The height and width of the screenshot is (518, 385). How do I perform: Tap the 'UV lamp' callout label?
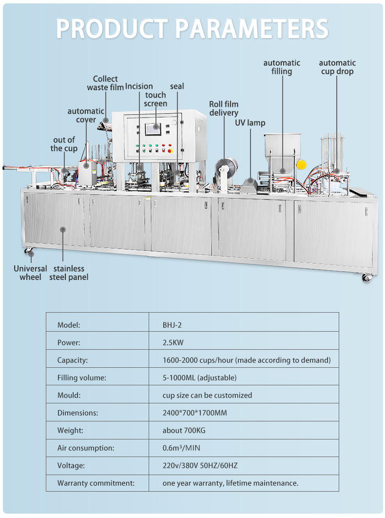pyautogui.click(x=250, y=123)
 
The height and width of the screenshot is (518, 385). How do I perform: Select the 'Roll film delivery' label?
pyautogui.click(x=224, y=109)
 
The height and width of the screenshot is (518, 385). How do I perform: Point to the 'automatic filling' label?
pyautogui.click(x=282, y=67)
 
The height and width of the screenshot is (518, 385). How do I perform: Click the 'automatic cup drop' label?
pyautogui.click(x=337, y=67)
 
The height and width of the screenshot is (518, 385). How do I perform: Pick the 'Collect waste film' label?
pyautogui.click(x=105, y=83)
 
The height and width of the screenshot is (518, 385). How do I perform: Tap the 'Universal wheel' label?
pyautogui.click(x=30, y=273)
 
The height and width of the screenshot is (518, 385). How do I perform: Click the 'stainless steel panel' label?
pyautogui.click(x=69, y=273)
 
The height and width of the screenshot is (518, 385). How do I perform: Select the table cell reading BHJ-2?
pyautogui.click(x=172, y=325)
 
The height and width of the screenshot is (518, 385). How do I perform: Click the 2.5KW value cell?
pyautogui.click(x=173, y=342)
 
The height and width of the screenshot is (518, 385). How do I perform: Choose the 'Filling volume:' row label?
pyautogui.click(x=82, y=378)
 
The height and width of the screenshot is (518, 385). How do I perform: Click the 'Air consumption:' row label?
pyautogui.click(x=86, y=448)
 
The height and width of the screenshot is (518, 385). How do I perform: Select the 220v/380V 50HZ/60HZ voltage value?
pyautogui.click(x=200, y=465)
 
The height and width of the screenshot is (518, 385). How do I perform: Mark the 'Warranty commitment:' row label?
pyautogui.click(x=96, y=483)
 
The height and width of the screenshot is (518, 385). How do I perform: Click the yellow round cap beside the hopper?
pyautogui.click(x=301, y=164)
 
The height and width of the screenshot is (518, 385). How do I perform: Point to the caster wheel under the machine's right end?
pyautogui.click(x=366, y=277)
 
